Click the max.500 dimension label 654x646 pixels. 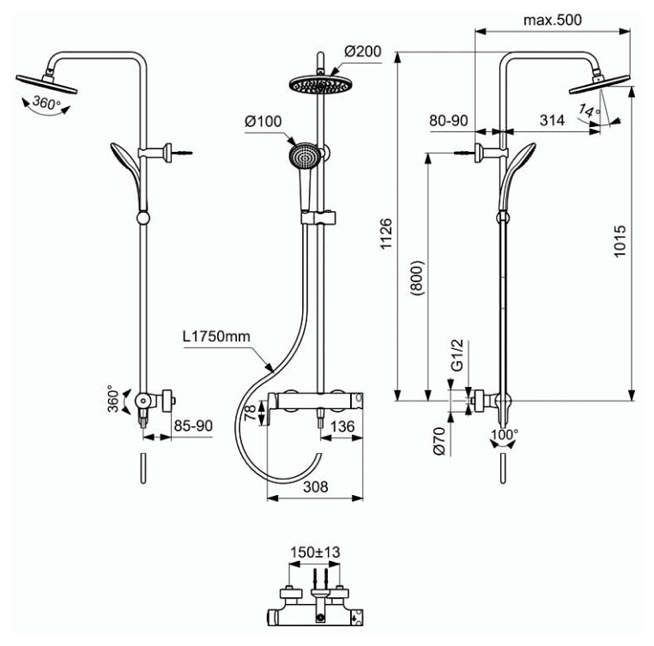[552, 20]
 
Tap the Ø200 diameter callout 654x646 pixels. [362, 51]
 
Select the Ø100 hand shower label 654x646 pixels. [263, 121]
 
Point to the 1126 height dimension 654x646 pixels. [386, 233]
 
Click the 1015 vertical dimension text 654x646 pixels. [621, 241]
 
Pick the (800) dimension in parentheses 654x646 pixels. [416, 278]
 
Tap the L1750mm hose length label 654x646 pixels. [216, 336]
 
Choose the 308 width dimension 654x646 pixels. [316, 486]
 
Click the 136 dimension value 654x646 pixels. [342, 426]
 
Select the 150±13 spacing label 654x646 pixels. [315, 552]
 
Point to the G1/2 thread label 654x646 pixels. [457, 355]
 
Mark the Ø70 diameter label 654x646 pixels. [439, 441]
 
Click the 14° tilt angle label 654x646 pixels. [590, 111]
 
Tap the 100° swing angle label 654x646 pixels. [505, 435]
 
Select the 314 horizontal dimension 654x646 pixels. [552, 120]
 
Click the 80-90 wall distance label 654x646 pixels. [449, 120]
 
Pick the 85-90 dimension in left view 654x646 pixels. [193, 426]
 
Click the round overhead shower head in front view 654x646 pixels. [320, 85]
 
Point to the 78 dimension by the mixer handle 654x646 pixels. [251, 413]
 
